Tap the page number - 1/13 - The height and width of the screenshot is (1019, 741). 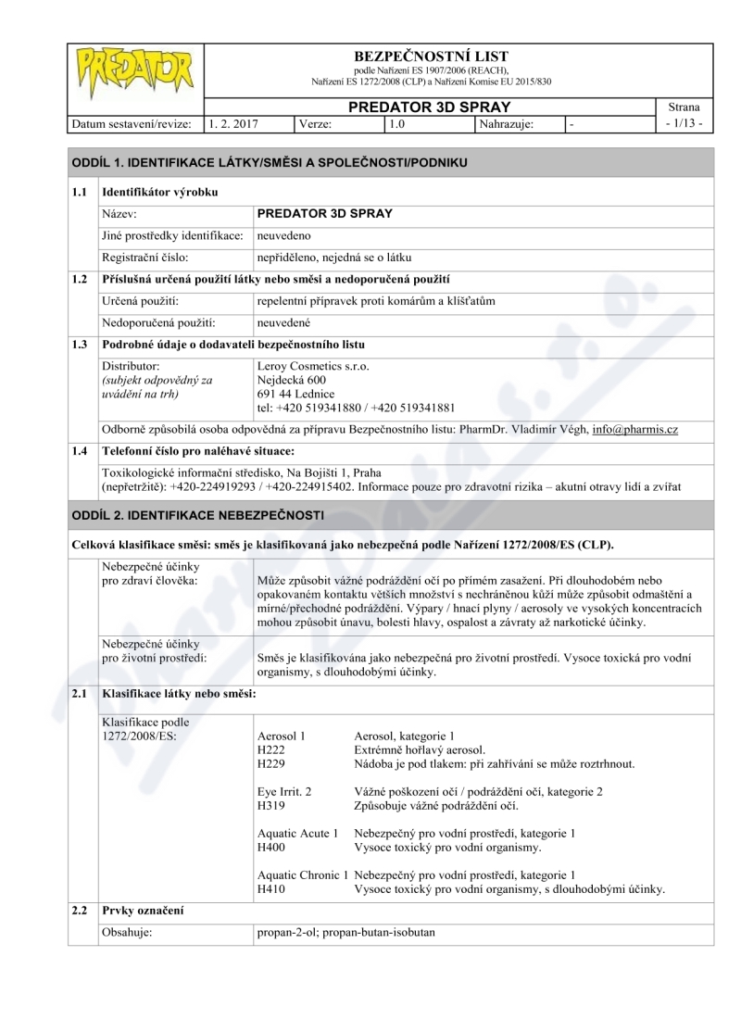click(684, 123)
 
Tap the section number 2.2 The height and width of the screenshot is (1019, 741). click(82, 912)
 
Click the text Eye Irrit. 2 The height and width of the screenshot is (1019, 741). click(284, 792)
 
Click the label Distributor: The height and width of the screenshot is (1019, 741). click(131, 366)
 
